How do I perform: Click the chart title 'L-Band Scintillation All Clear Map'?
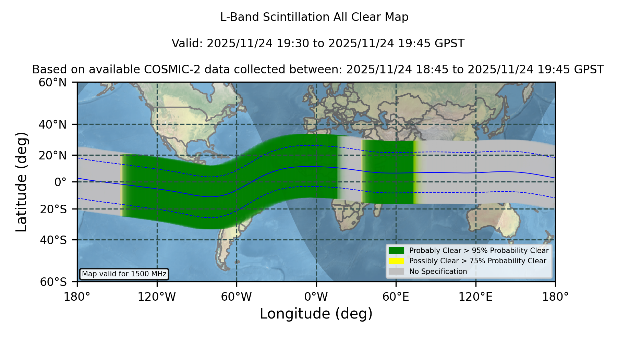pos(314,17)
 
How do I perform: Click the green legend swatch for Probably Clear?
pos(396,251)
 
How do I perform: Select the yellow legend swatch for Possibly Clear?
pos(396,261)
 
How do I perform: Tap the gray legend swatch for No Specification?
pos(396,272)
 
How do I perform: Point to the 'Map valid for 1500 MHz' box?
pos(124,274)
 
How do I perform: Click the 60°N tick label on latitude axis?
pos(52,83)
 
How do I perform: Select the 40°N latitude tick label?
pos(52,124)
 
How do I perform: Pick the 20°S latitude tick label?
pos(53,209)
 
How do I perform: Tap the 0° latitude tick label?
pos(60,182)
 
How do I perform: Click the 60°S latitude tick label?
pos(53,282)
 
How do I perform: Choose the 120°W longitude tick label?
pos(157,297)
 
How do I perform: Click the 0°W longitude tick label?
pos(316,297)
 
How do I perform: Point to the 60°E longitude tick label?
pos(396,297)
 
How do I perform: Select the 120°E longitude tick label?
pos(475,297)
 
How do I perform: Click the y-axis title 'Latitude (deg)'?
pos(22,182)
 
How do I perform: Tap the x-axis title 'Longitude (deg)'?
pos(316,314)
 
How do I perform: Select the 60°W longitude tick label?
pos(237,297)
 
